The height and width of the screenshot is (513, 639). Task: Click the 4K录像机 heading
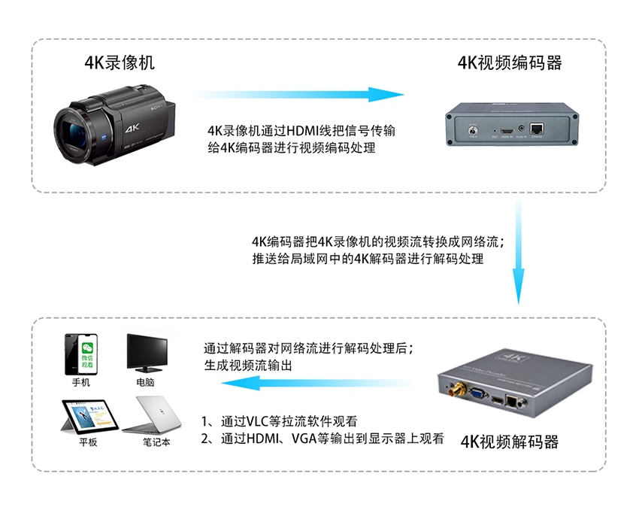click(120, 62)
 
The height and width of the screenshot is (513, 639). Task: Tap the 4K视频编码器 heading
click(510, 62)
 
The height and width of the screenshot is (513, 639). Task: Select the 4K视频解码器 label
click(510, 442)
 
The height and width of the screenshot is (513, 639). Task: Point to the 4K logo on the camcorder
click(132, 129)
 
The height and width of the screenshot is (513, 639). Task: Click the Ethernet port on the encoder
click(536, 129)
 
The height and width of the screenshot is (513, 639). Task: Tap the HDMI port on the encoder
click(507, 131)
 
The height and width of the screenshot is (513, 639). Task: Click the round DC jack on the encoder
click(473, 132)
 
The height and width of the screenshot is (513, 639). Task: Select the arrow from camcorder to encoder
click(297, 94)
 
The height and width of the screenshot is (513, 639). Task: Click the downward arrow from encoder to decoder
click(519, 250)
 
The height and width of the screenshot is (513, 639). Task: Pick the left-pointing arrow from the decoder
click(318, 383)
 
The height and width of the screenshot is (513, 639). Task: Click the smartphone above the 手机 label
click(81, 354)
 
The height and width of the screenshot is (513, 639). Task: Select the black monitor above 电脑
click(147, 353)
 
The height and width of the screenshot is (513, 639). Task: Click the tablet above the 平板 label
click(89, 417)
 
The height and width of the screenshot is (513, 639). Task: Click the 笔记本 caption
click(156, 442)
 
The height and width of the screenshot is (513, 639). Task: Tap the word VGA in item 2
click(304, 439)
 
